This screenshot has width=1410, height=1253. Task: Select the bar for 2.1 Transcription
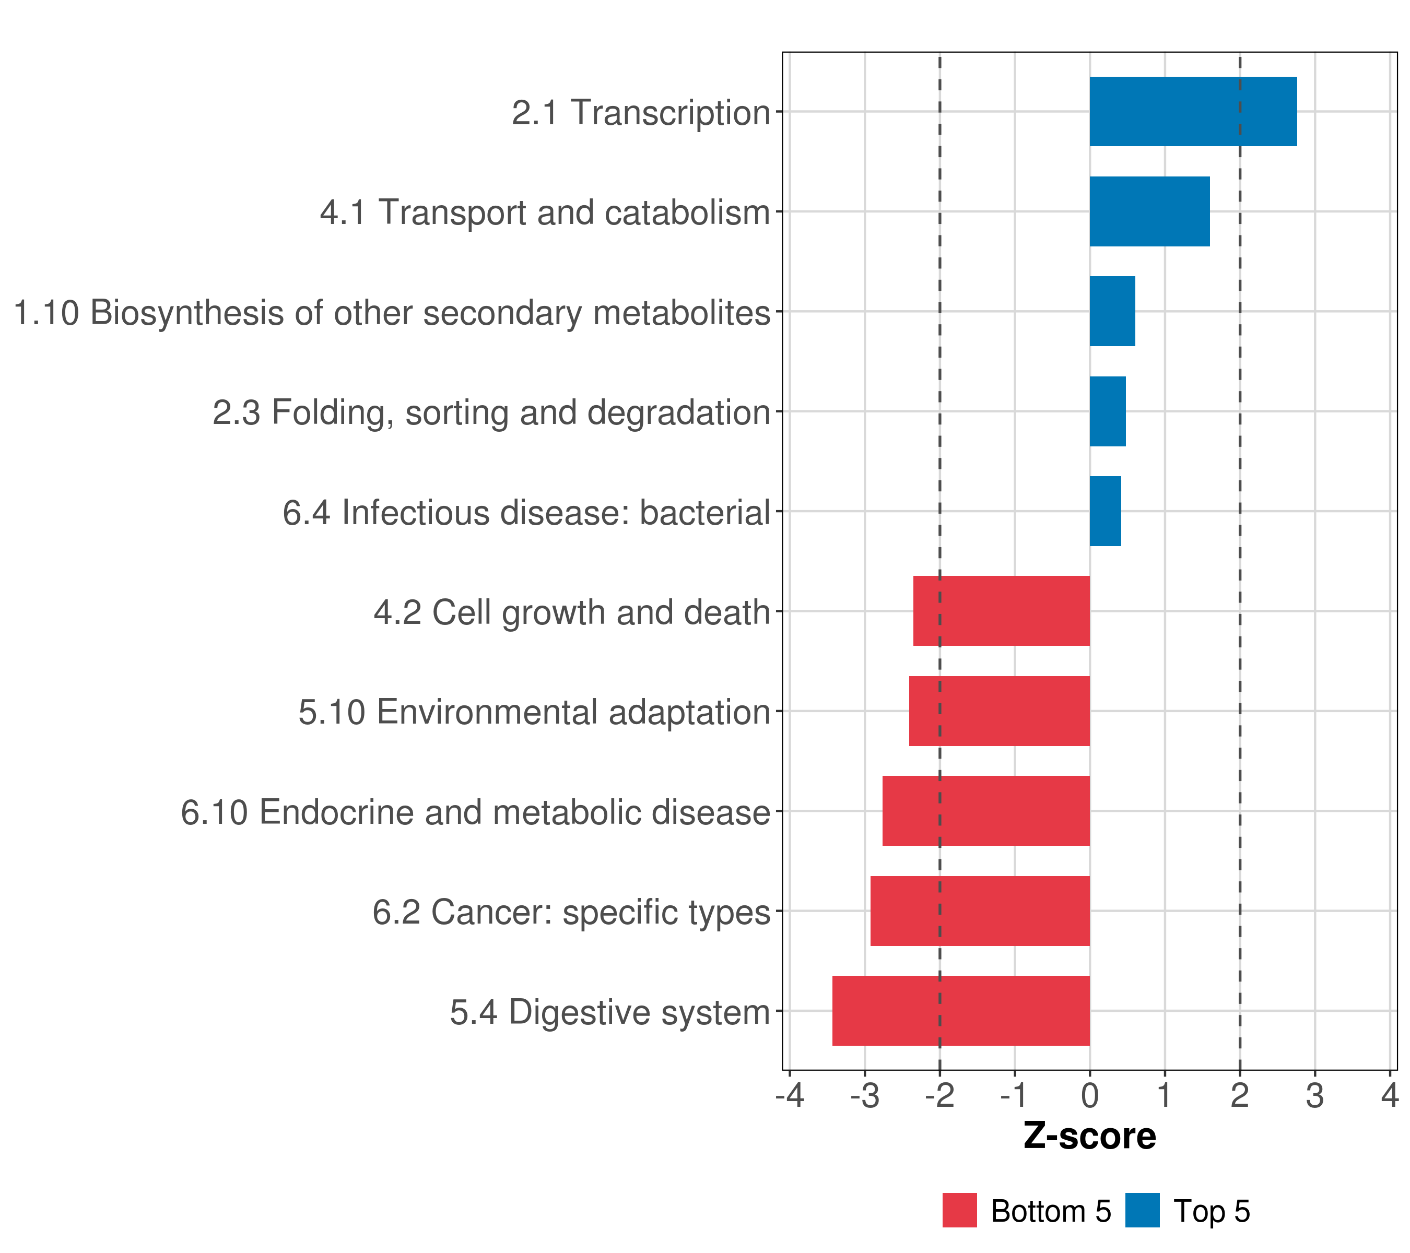1193,112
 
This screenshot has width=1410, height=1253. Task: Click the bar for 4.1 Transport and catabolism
1149,212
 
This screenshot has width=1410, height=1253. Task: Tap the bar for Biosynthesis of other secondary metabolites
1112,312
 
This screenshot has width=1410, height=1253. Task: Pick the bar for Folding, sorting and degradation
1107,412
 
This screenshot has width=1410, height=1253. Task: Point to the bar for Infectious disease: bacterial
1105,511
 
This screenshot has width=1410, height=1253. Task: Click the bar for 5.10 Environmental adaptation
999,711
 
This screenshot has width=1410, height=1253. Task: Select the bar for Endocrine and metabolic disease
986,811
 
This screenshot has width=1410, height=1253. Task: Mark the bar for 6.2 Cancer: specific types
980,911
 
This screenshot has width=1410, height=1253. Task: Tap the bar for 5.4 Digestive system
961,1011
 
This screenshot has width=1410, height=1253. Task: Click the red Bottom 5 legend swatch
959,1210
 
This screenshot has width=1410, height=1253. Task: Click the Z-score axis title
1089,1137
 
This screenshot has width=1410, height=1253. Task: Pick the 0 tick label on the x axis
1090,1096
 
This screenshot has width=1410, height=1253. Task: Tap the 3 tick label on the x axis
1315,1096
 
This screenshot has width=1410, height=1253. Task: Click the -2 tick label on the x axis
939,1096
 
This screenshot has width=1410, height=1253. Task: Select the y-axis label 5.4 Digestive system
610,1012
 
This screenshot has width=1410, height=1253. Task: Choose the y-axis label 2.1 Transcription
641,112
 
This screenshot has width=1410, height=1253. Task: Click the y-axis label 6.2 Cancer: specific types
571,912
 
